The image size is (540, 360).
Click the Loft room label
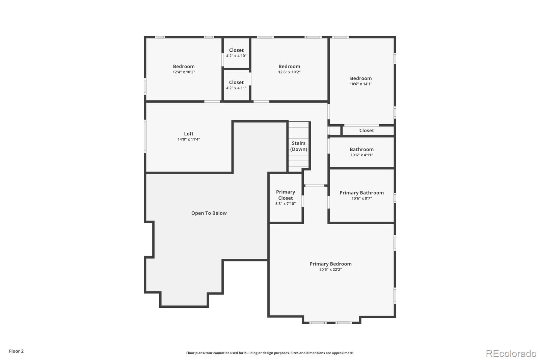189,134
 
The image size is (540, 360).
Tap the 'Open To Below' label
209,213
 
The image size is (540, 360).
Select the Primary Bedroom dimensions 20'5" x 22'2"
330,269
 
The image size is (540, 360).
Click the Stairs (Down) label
299,146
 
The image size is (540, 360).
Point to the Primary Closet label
286,195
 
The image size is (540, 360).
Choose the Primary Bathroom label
361,192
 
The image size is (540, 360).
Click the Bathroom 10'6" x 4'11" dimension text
361,155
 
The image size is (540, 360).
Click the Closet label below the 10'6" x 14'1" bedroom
367,131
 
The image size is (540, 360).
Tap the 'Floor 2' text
17,351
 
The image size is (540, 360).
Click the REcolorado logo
511,354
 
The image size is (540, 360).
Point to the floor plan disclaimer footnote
270,353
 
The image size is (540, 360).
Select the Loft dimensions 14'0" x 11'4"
189,139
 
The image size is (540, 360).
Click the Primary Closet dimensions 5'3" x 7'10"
286,204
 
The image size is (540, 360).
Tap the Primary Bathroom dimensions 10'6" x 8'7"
361,198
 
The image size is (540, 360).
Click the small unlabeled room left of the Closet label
335,131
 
